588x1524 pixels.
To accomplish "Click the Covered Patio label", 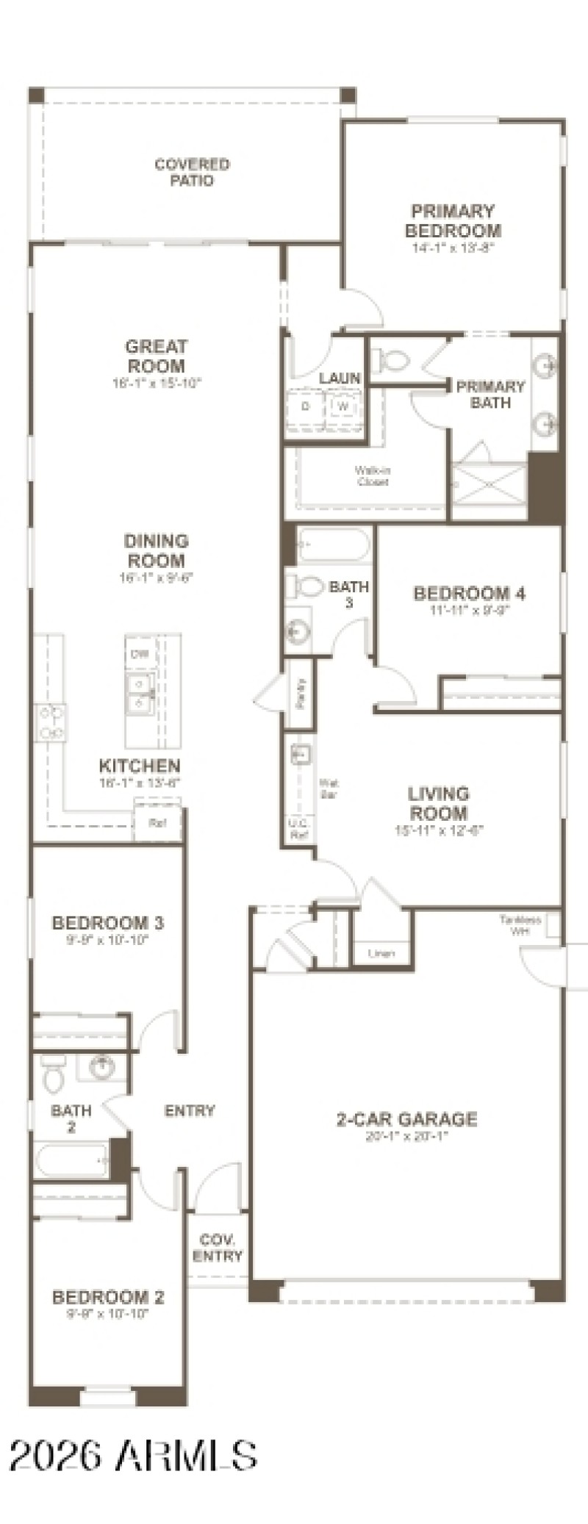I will point(192,172).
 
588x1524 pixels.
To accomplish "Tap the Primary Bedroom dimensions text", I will point(452,248).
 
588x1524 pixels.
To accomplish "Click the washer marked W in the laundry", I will point(343,406).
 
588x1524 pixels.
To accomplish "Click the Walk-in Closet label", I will point(372,476).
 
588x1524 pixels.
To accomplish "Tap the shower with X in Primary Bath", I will point(490,483).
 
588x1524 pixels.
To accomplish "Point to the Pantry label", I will point(301,692).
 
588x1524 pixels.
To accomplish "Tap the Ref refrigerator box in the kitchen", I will point(157,823).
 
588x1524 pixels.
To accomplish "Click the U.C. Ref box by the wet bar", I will point(298,830).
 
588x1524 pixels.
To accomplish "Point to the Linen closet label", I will point(381,954).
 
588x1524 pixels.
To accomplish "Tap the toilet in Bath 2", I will point(53,1074).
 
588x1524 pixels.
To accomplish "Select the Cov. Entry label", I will point(217,1248).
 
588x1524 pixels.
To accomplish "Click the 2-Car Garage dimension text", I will point(406,1137).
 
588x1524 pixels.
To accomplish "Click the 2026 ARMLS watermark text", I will point(133,1455).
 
